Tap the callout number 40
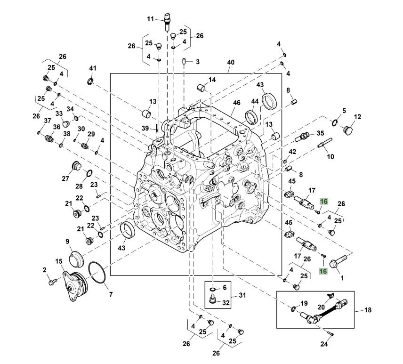(x=230, y=63)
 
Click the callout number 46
(x=236, y=103)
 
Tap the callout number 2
(x=45, y=270)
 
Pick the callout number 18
(x=369, y=311)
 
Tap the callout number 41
(x=93, y=68)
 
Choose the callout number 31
(x=242, y=295)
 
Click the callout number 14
(x=212, y=80)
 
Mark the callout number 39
(x=145, y=128)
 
